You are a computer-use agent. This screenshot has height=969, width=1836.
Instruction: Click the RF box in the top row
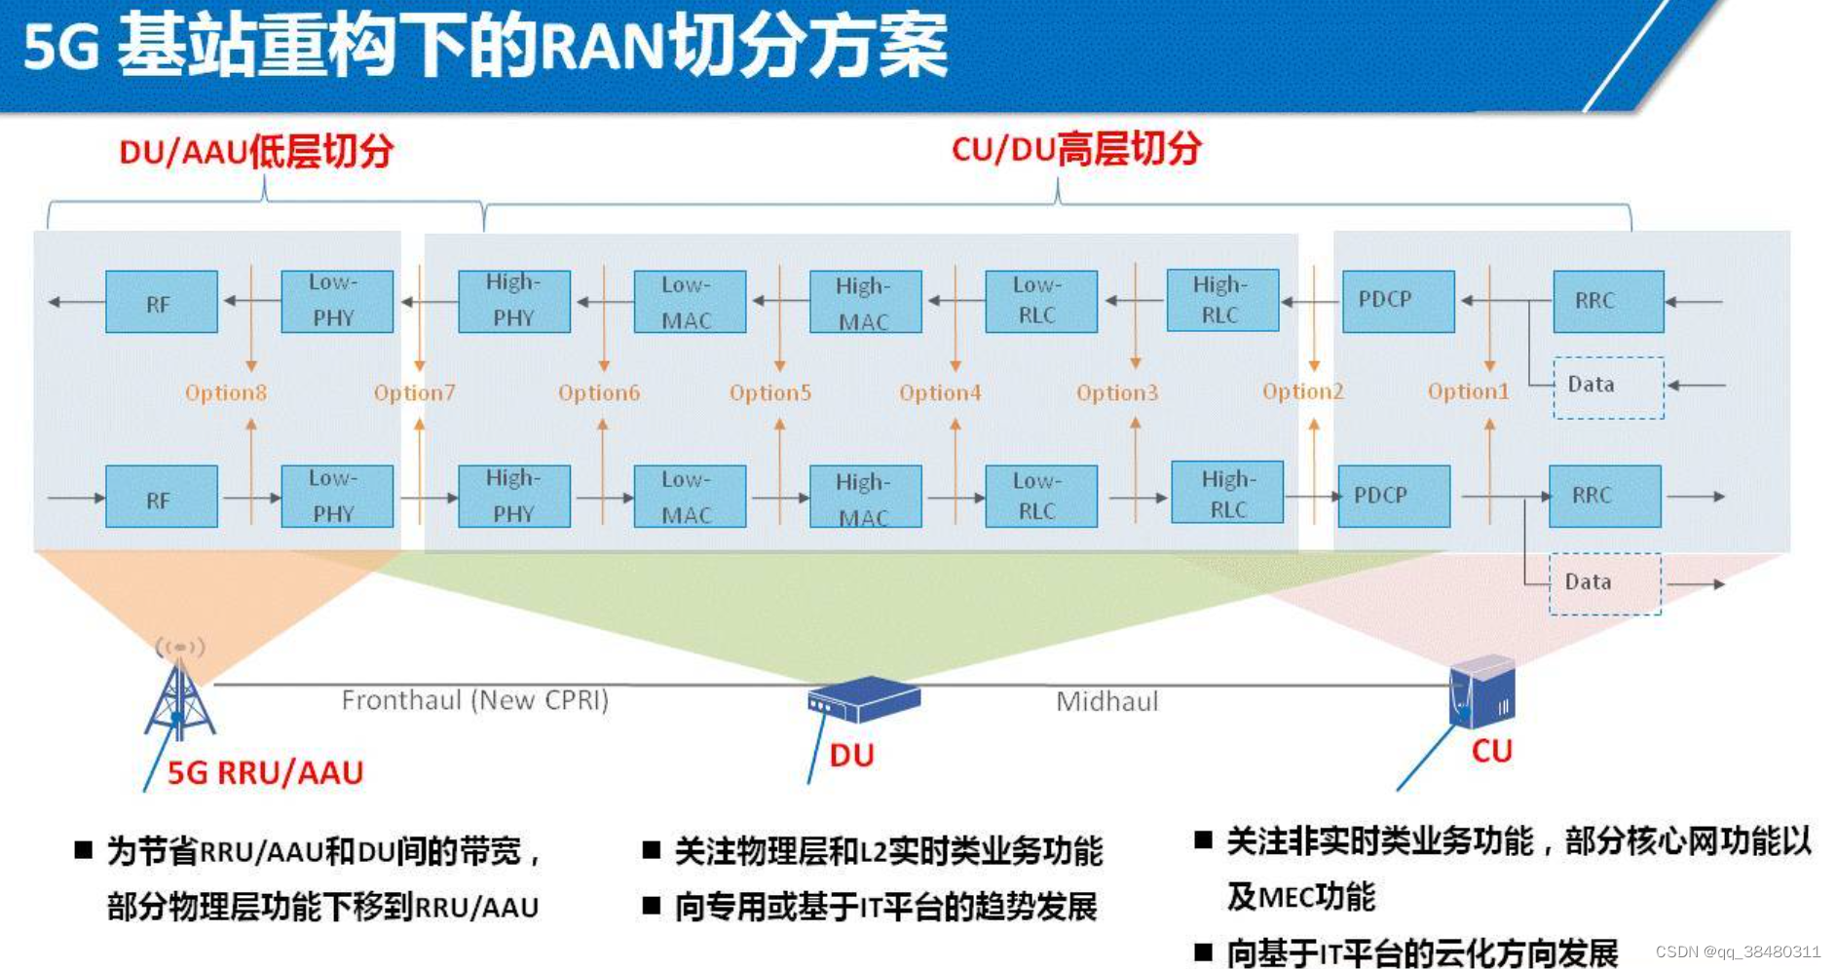161,302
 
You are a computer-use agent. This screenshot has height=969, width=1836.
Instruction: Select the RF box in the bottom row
161,497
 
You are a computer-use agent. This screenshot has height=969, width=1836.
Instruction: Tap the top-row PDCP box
1398,301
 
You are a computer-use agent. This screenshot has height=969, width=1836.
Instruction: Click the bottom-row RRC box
1604,496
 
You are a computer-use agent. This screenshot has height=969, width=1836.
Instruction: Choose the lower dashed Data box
1604,583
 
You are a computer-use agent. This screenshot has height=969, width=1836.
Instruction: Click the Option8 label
226,393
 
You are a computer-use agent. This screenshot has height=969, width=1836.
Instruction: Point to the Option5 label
769,393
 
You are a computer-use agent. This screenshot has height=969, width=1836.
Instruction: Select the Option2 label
1302,391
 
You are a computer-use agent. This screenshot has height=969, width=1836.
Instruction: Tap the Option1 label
1468,391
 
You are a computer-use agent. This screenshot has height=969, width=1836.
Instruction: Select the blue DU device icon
862,699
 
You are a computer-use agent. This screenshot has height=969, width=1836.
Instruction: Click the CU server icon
1481,692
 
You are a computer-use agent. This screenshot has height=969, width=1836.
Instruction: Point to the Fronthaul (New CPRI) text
474,700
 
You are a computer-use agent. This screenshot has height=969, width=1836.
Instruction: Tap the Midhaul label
1107,701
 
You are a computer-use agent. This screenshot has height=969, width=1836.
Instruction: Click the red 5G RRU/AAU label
265,772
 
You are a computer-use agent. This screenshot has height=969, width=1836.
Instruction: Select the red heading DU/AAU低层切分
256,152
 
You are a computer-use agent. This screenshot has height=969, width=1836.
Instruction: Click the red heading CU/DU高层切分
1076,149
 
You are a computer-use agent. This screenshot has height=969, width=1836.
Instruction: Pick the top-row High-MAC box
865,302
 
